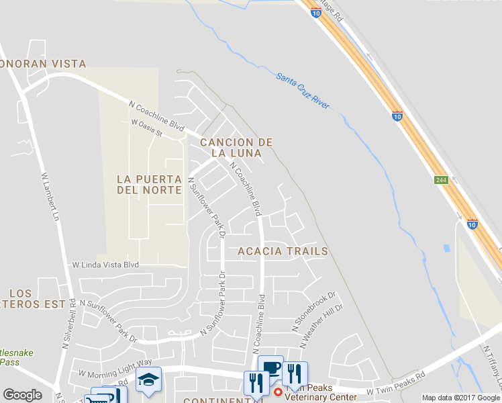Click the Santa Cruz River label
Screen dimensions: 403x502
(303, 92)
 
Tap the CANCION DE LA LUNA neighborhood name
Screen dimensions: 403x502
(236, 148)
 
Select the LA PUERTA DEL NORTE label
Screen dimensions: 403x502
(149, 185)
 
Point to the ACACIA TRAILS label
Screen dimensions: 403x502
(283, 251)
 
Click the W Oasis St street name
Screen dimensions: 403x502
(147, 128)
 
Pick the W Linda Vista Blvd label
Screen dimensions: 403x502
(105, 265)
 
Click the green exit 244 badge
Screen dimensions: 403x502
(441, 180)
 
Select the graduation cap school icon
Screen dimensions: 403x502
(148, 380)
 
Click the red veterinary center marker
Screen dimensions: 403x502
(278, 392)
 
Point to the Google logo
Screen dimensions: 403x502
(22, 395)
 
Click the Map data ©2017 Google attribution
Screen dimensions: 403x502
(460, 398)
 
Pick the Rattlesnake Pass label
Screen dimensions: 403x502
(16, 357)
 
